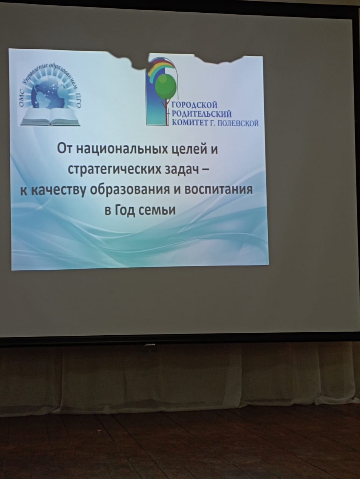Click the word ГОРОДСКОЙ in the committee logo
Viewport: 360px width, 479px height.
(x=195, y=105)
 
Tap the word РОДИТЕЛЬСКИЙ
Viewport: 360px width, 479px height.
(x=201, y=114)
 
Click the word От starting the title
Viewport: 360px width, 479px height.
(x=65, y=149)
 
